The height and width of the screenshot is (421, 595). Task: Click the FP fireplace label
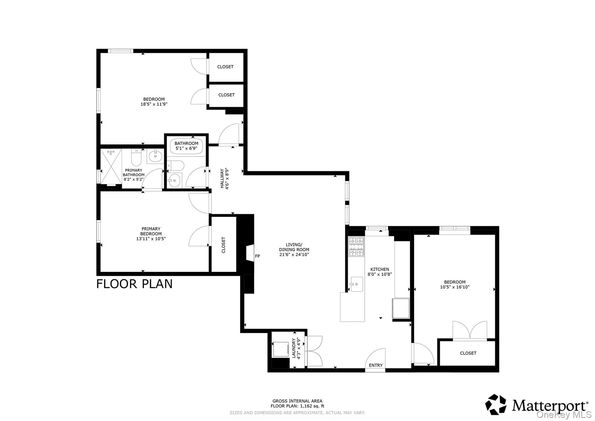pyautogui.click(x=257, y=256)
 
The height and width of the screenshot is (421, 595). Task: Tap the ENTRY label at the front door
pyautogui.click(x=375, y=365)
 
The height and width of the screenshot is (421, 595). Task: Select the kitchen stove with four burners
pyautogui.click(x=356, y=247)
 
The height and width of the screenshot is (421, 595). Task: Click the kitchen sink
pyautogui.click(x=356, y=284)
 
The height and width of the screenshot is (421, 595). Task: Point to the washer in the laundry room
pyautogui.click(x=280, y=349)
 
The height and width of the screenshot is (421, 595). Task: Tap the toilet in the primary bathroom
pyautogui.click(x=136, y=158)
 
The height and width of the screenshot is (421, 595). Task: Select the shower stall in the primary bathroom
pyautogui.click(x=111, y=167)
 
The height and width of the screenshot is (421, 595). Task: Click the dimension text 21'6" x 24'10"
pyautogui.click(x=294, y=255)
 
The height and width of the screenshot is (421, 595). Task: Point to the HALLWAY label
pyautogui.click(x=222, y=179)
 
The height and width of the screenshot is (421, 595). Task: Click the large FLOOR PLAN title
pyautogui.click(x=134, y=284)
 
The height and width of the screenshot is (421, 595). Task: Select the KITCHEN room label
pyautogui.click(x=379, y=269)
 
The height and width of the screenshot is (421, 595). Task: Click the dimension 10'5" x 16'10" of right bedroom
pyautogui.click(x=455, y=287)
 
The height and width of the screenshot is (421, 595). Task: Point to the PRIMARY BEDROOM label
pyautogui.click(x=151, y=231)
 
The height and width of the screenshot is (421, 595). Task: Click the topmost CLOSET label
pyautogui.click(x=225, y=67)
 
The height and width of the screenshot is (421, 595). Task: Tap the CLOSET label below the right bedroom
pyautogui.click(x=468, y=353)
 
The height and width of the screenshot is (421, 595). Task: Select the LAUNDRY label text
pyautogui.click(x=294, y=348)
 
